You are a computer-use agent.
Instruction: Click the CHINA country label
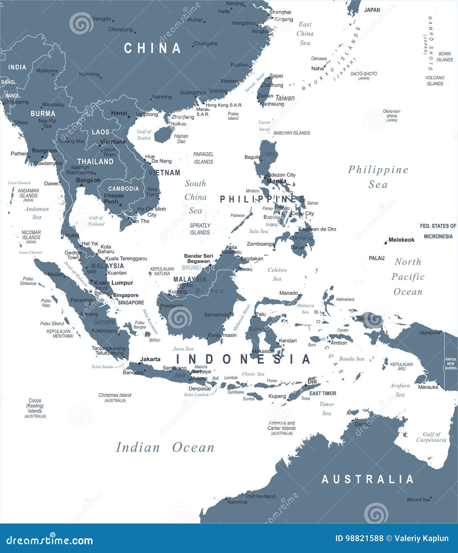click(x=152, y=48)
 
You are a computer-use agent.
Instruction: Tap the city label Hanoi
click(x=119, y=113)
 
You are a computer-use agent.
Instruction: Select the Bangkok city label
click(x=88, y=180)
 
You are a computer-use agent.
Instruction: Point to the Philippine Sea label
click(x=378, y=177)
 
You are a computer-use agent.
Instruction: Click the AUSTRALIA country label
click(x=368, y=479)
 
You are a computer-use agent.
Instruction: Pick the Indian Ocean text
click(x=165, y=447)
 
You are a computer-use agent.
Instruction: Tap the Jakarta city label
click(x=150, y=359)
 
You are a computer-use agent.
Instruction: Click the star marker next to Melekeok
click(x=386, y=243)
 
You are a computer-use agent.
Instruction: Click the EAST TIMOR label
click(x=323, y=393)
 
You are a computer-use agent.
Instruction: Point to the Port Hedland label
click(x=260, y=496)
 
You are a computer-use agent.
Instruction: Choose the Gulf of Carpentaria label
click(x=431, y=437)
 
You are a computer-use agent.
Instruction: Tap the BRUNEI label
click(x=191, y=268)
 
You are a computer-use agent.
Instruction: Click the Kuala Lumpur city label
click(x=114, y=283)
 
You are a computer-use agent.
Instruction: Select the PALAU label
click(x=377, y=258)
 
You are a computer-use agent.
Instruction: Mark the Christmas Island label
click(x=115, y=395)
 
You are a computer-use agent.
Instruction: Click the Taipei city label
click(x=276, y=76)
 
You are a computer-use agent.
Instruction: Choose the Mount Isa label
click(x=418, y=500)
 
